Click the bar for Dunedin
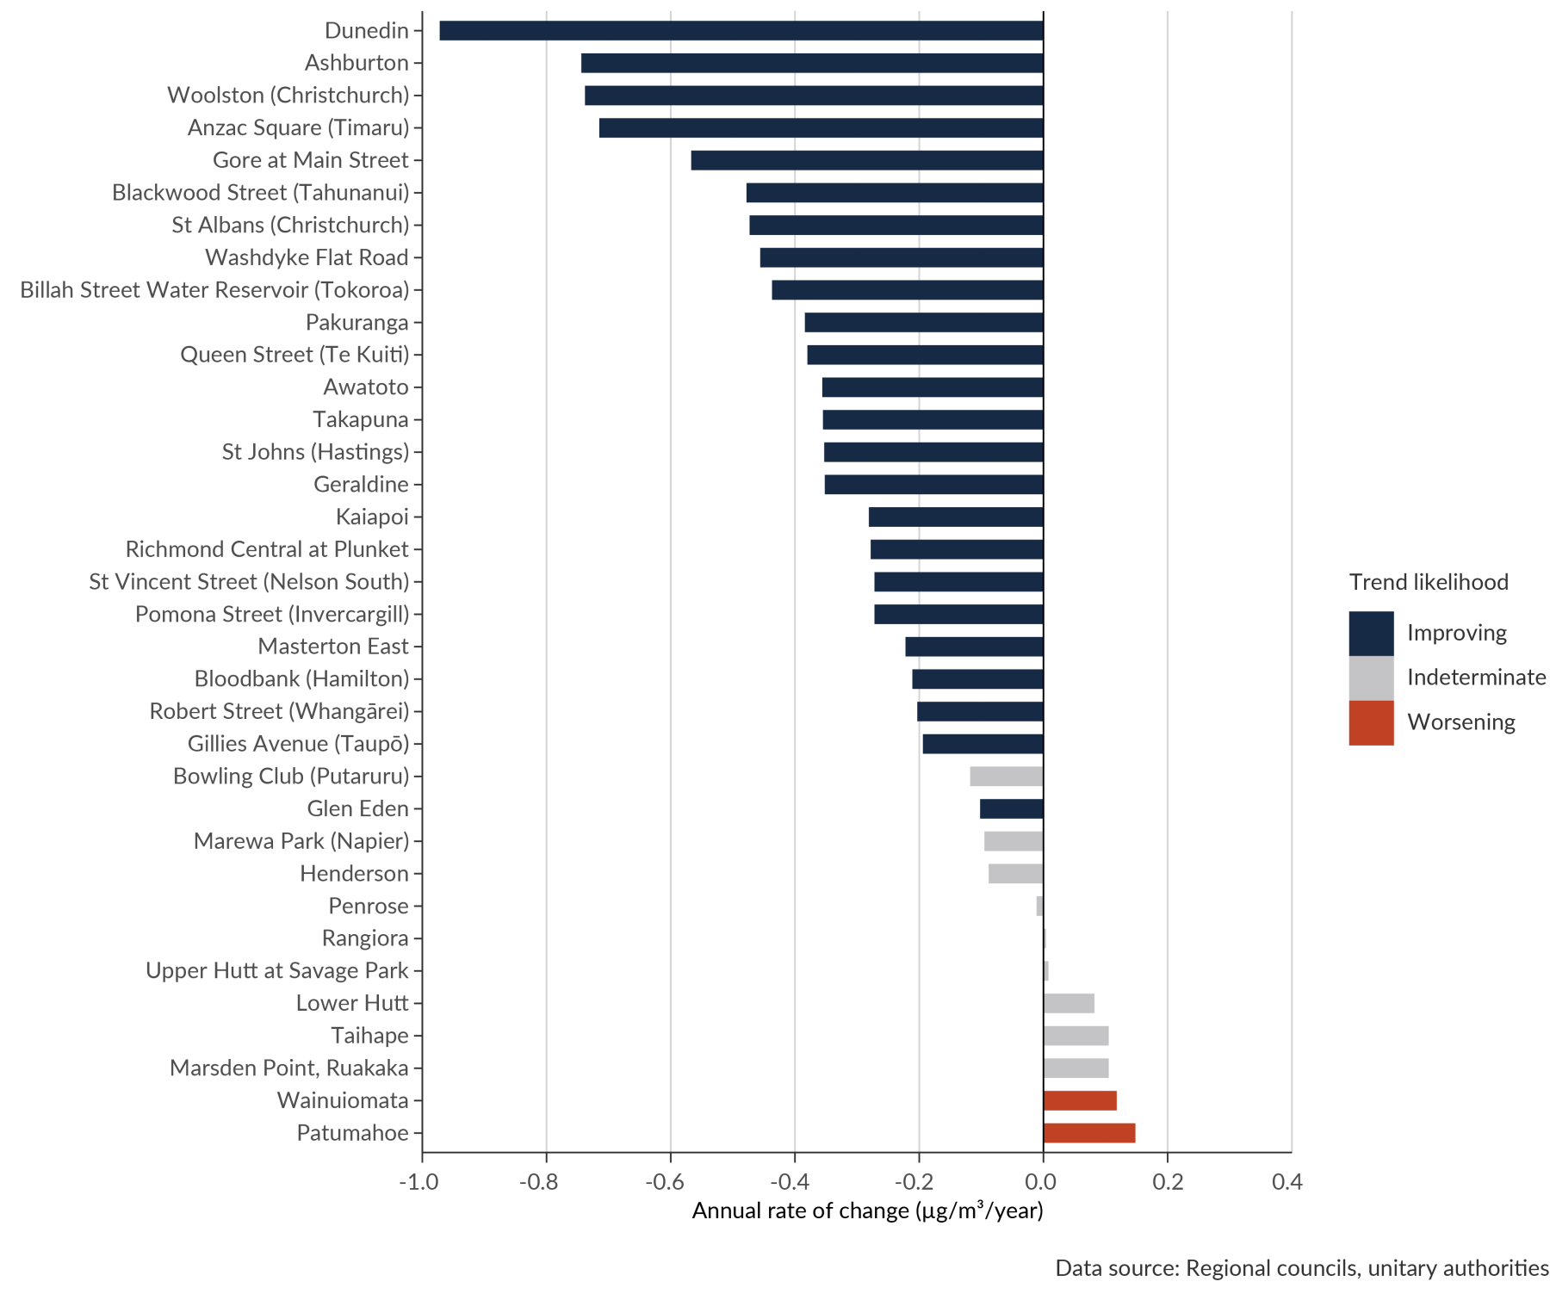coord(741,31)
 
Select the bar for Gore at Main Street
coord(866,160)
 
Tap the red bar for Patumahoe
coord(1089,1133)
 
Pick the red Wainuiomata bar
coord(1080,1100)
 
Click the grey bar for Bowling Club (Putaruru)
coord(1006,777)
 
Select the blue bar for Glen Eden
coord(1011,809)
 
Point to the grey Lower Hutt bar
coord(1069,1003)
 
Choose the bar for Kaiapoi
coord(955,517)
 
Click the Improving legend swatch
coord(1371,634)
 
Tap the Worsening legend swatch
coord(1371,723)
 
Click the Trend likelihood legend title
coord(1429,583)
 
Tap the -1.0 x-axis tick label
coord(419,1182)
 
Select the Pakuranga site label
coord(356,323)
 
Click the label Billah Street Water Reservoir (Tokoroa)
coord(214,290)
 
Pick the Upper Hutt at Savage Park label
coord(277,971)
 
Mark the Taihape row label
coord(369,1036)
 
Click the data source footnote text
coord(1301,1268)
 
